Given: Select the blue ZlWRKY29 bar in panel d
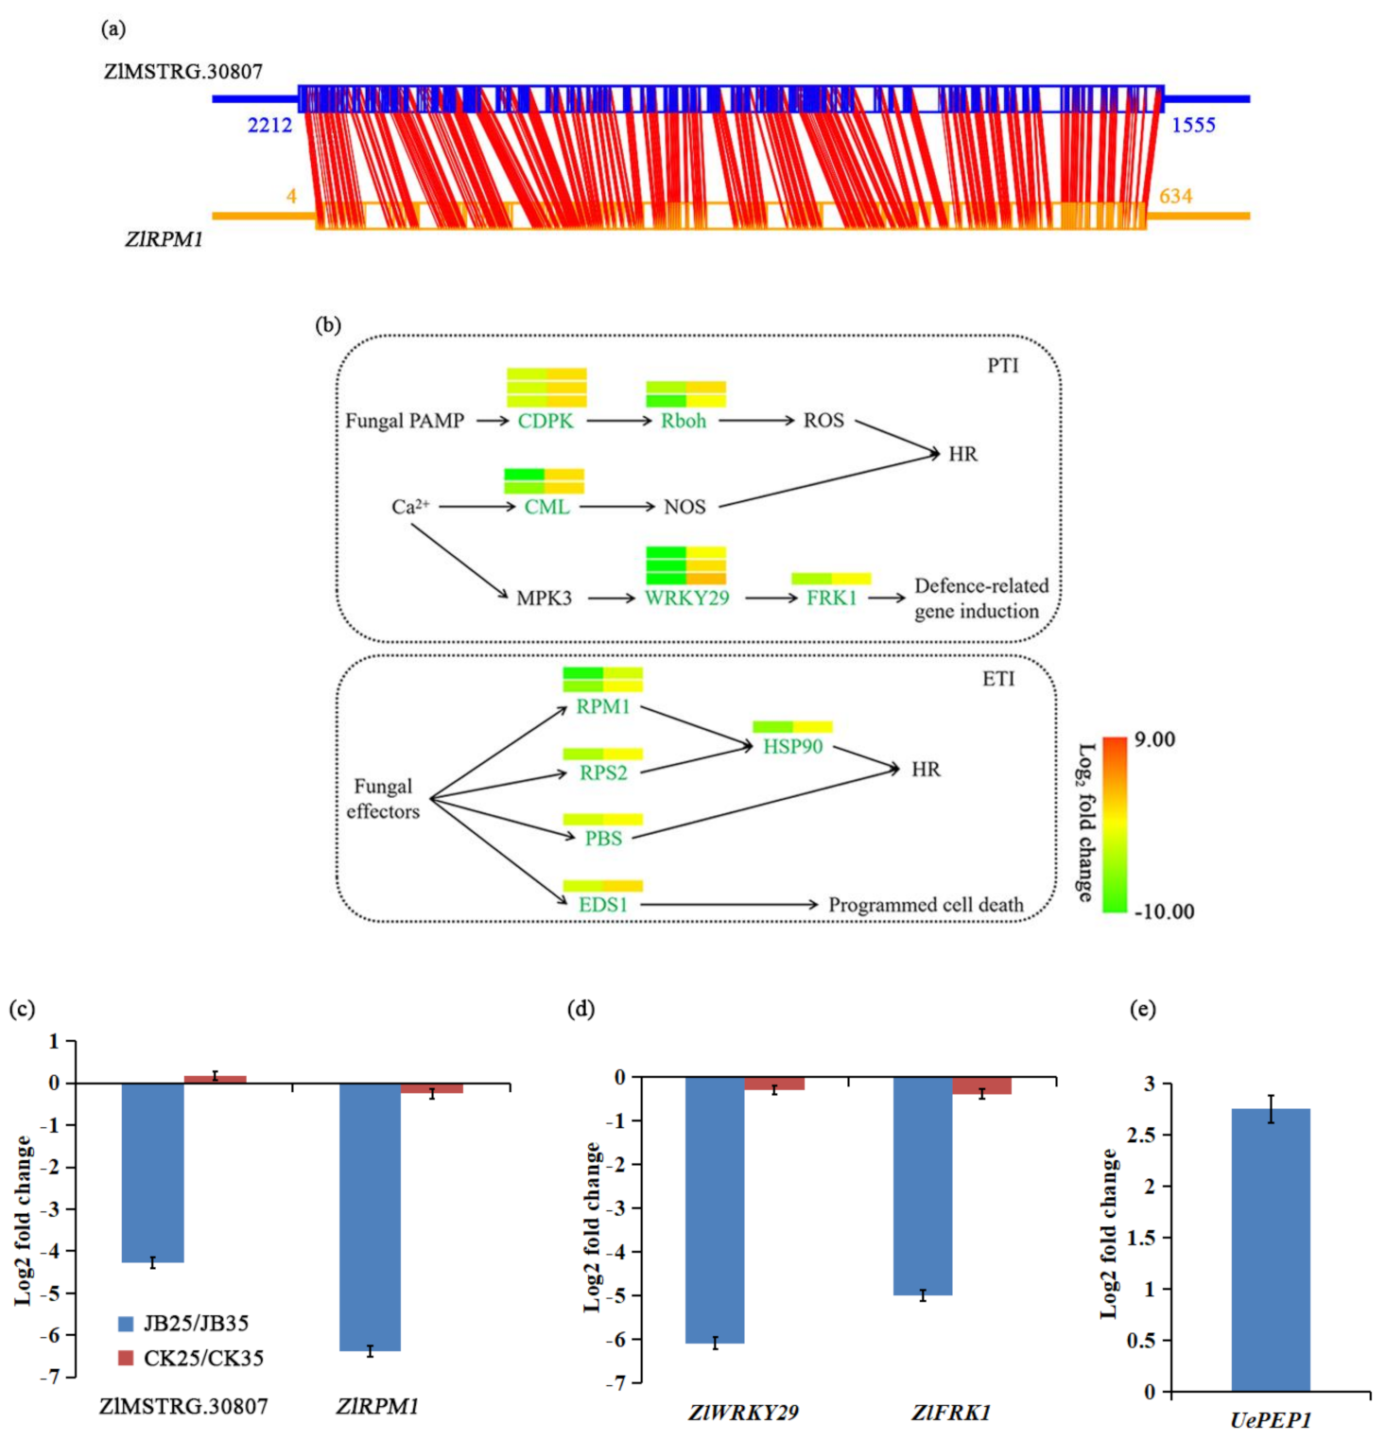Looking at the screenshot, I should [x=715, y=1209].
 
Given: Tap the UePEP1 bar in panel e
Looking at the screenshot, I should [x=1271, y=1249].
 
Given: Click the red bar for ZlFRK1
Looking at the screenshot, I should [x=982, y=1085].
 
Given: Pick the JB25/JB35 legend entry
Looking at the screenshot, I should [x=184, y=1323].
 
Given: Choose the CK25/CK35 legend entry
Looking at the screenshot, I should [x=191, y=1358].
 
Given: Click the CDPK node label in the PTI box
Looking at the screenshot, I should [x=546, y=421].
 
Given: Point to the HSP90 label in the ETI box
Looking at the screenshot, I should [x=793, y=746].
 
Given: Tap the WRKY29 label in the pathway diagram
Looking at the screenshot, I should [x=687, y=598].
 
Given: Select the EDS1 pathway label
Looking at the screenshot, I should [x=603, y=905].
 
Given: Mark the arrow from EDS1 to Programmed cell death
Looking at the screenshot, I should [x=728, y=905].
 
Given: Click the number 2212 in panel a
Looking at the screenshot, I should [x=269, y=125].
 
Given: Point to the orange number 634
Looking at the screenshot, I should [x=1175, y=196].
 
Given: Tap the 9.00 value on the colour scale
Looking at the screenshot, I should [x=1154, y=739].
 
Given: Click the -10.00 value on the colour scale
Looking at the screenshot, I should [x=1164, y=911].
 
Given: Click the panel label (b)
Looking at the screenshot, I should [x=328, y=325].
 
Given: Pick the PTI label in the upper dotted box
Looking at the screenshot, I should [x=1003, y=366].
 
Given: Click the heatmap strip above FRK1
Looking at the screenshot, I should [x=831, y=578].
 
